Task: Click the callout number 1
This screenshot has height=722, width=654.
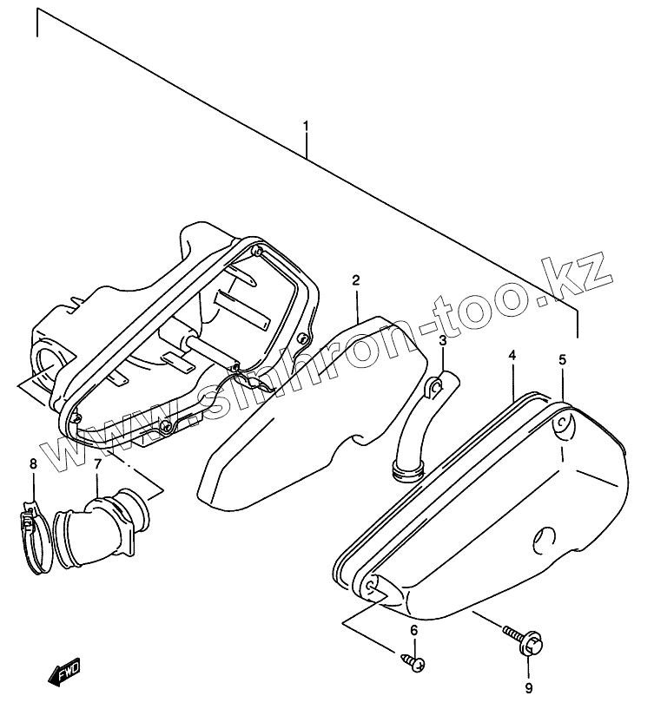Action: pyautogui.click(x=306, y=127)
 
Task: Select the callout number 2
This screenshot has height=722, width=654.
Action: pyautogui.click(x=356, y=279)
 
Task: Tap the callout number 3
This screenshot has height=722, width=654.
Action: pyautogui.click(x=442, y=341)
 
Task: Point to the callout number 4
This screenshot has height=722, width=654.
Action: pyautogui.click(x=512, y=356)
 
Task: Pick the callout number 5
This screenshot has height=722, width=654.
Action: pyautogui.click(x=562, y=359)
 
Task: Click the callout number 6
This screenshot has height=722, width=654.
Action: pyautogui.click(x=414, y=629)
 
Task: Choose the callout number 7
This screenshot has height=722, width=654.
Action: pyautogui.click(x=97, y=464)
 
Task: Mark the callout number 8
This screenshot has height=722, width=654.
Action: pyautogui.click(x=33, y=464)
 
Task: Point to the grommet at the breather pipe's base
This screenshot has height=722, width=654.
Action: pyautogui.click(x=405, y=472)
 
